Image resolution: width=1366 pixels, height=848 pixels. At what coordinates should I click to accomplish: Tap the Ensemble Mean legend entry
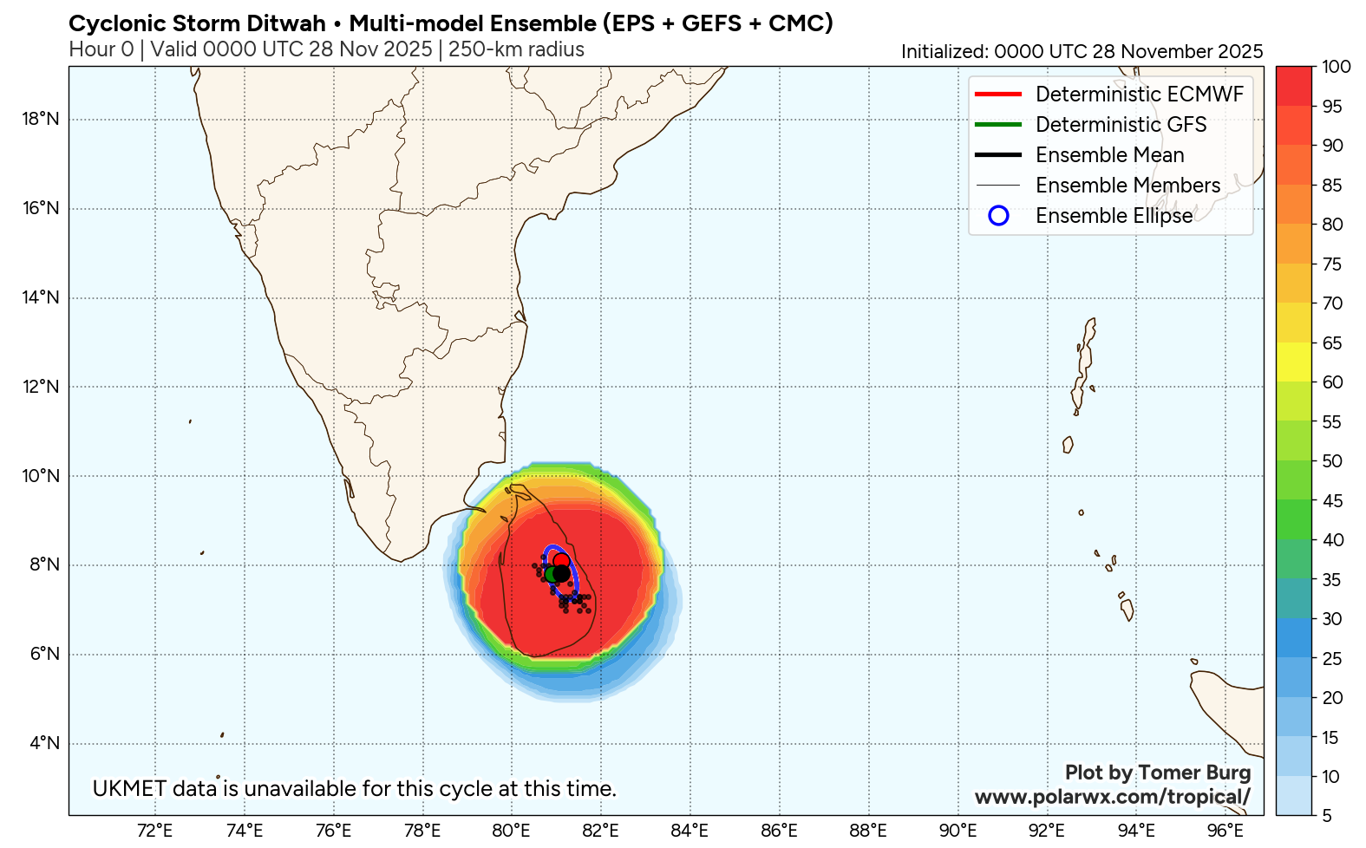[x=1109, y=155]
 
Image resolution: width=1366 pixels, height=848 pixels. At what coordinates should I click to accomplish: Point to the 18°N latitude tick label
[x=41, y=119]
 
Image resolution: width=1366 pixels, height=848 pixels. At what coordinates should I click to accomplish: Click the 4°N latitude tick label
[x=44, y=743]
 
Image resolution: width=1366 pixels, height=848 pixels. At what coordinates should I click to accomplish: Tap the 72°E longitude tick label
[x=155, y=831]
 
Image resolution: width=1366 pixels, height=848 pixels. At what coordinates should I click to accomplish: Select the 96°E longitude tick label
[x=1225, y=831]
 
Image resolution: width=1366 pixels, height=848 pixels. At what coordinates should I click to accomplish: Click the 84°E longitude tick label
[x=690, y=831]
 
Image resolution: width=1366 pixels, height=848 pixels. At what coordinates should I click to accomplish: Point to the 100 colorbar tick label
[x=1337, y=67]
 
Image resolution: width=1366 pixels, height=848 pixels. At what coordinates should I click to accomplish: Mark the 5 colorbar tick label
[x=1326, y=816]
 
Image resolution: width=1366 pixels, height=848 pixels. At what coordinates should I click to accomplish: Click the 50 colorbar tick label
[x=1332, y=461]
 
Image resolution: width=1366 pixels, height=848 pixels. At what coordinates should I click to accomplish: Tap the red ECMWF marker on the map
[x=561, y=560]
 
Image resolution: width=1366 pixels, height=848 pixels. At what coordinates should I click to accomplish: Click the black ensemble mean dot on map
[x=561, y=573]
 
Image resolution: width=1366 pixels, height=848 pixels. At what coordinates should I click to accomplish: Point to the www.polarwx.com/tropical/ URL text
[x=1113, y=797]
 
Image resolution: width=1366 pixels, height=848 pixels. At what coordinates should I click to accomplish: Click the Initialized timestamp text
[x=1082, y=52]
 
